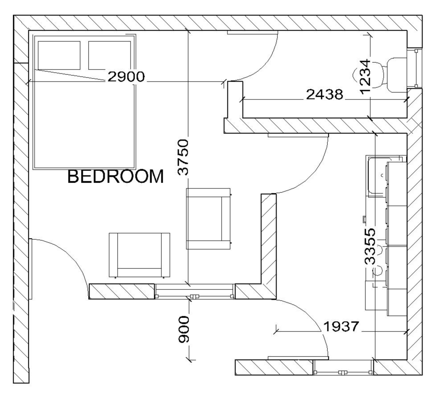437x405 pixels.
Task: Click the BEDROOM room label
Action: pos(116,176)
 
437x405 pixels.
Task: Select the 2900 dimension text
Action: pos(126,76)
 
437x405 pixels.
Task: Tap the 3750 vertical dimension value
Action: pos(183,157)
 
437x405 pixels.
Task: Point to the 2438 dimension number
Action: pos(325,94)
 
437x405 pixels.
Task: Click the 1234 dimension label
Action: pos(365,76)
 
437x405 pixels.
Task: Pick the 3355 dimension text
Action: pos(370,247)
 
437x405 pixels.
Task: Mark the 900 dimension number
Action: pos(184,329)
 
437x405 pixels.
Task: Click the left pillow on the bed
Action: pos(59,55)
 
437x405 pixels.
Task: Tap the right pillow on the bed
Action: pos(110,55)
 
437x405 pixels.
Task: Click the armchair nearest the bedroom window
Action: pos(140,255)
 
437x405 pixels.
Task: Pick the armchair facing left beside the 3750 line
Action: pos(209,219)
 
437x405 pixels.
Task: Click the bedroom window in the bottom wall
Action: pos(195,291)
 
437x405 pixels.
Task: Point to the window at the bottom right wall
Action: pos(343,367)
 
